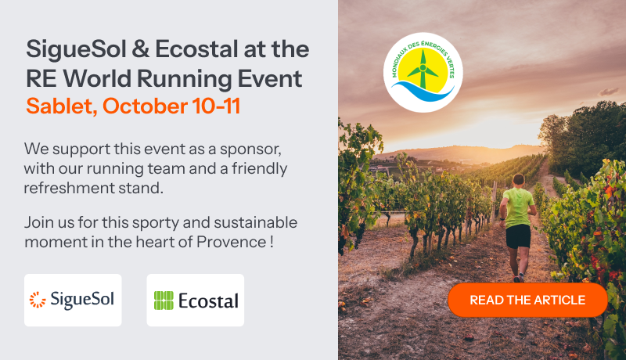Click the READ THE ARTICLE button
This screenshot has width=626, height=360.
tap(527, 300)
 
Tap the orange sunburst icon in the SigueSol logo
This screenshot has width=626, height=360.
tap(38, 300)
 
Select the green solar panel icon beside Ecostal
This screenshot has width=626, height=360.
tap(164, 301)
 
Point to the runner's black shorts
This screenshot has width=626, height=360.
tap(518, 236)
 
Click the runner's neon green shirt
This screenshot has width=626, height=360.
tap(518, 207)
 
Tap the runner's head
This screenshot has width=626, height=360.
tap(519, 179)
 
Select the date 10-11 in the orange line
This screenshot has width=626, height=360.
tap(216, 106)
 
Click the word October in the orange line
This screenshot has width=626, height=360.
tap(145, 106)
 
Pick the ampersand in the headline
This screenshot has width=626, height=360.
tap(141, 49)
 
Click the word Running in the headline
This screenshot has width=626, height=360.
tap(185, 79)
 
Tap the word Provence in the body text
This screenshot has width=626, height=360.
tap(232, 242)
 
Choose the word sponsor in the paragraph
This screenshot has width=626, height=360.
tap(250, 149)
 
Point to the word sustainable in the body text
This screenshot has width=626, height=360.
tap(256, 222)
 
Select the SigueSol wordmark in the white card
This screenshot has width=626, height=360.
tap(82, 300)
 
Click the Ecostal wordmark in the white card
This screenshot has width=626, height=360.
tap(208, 301)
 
